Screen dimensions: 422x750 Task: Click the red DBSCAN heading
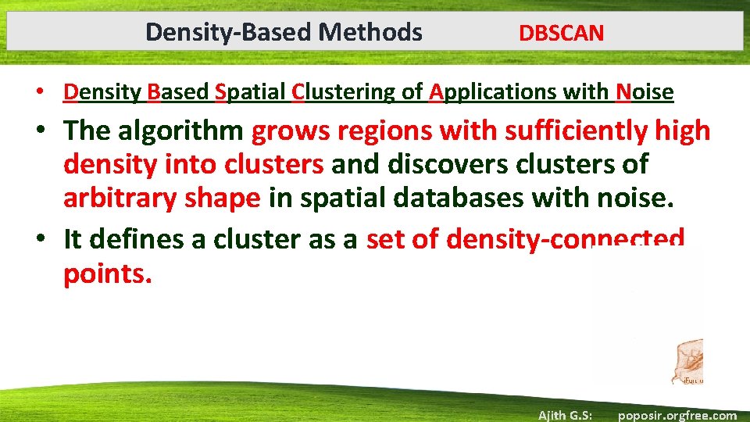point(561,33)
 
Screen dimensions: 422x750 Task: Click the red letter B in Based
point(153,92)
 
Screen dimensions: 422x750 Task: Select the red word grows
point(287,131)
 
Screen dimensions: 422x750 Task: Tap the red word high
point(683,131)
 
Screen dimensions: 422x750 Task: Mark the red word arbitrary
point(120,198)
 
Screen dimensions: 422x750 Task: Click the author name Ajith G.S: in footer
point(565,415)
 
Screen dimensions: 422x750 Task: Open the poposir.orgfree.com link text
point(677,415)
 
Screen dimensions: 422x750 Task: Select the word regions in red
point(381,131)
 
